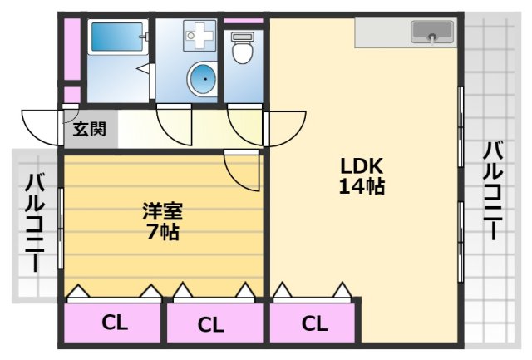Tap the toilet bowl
243,50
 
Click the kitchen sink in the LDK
431,33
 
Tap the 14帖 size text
362,187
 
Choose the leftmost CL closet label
115,323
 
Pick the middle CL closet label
211,324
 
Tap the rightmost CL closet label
313,323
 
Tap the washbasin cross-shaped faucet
199,36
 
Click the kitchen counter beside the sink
382,33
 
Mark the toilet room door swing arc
245,125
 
